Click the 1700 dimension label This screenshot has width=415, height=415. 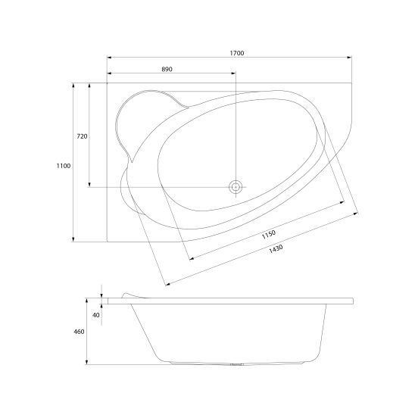click(x=236, y=53)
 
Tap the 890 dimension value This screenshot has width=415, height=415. click(x=167, y=69)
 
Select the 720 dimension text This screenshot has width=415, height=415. click(x=82, y=136)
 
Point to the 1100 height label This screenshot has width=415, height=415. click(x=64, y=166)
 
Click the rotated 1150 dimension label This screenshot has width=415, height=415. click(x=269, y=235)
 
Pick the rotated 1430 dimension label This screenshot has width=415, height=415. click(x=276, y=249)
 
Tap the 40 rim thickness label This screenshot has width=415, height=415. click(x=96, y=315)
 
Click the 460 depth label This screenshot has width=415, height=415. click(x=79, y=332)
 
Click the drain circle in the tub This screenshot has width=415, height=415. click(x=236, y=187)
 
